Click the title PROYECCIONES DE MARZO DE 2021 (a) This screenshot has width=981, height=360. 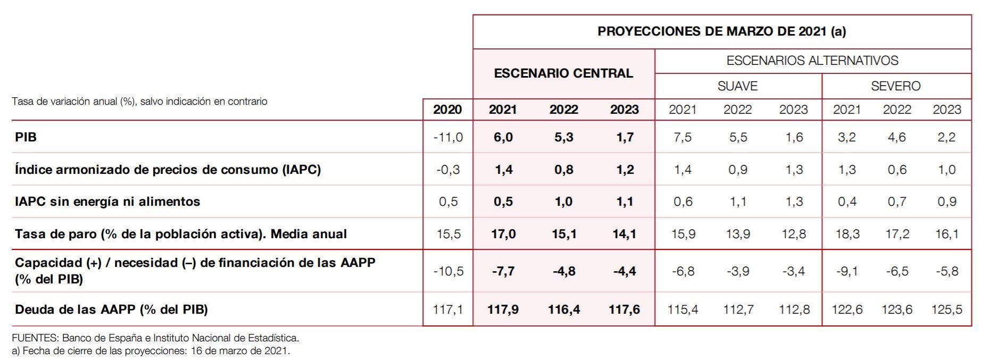(721, 31)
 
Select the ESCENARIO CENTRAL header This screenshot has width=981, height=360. (563, 73)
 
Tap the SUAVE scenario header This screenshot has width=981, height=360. (737, 86)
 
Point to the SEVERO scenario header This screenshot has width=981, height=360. (895, 86)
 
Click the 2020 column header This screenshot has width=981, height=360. (447, 110)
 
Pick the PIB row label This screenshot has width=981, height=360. (26, 137)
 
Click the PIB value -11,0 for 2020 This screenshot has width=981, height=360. (448, 137)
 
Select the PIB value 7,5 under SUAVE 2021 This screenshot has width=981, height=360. (683, 137)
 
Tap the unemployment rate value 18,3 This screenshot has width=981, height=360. (847, 234)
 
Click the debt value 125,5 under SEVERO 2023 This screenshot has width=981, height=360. (946, 309)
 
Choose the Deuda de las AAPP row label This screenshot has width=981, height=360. (111, 309)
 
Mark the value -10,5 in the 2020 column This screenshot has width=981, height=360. (448, 271)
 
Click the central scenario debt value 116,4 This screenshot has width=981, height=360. (564, 309)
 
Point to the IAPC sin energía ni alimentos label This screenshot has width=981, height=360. (107, 202)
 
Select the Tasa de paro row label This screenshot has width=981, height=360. (181, 234)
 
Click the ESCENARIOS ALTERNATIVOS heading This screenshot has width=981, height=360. (812, 61)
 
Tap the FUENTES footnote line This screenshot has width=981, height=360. (155, 338)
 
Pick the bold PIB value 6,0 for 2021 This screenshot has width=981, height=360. (503, 137)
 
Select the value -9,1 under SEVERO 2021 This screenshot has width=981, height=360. (847, 271)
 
